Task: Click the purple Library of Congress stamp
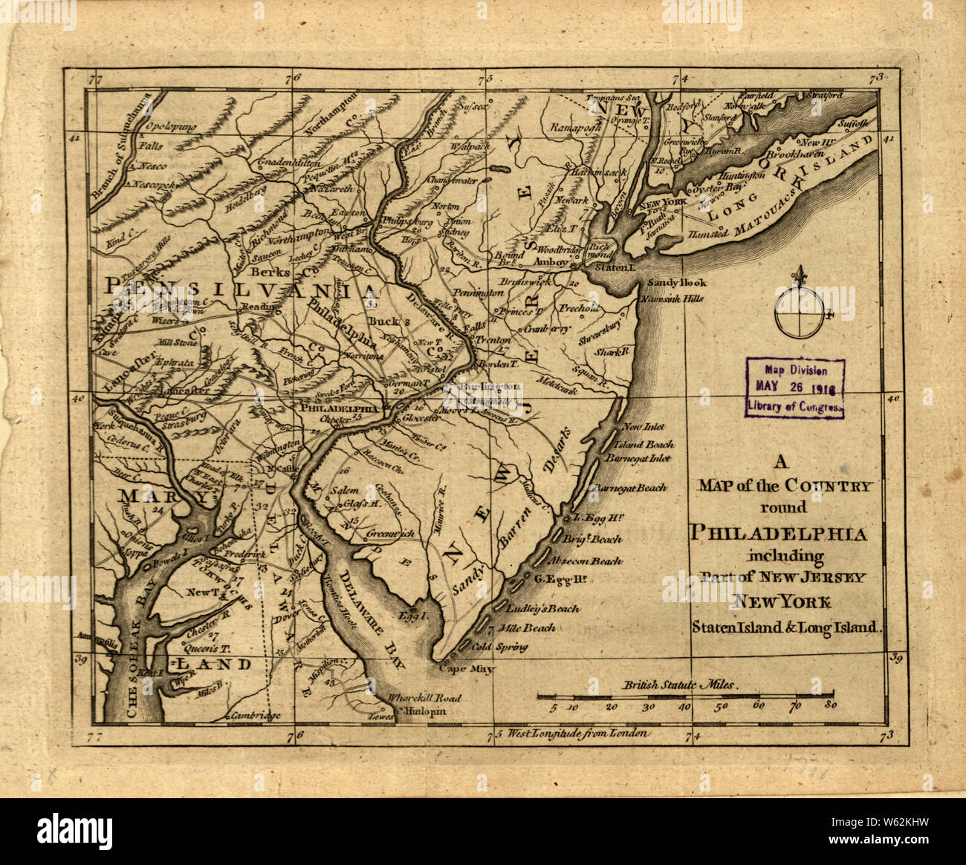pyautogui.click(x=794, y=388)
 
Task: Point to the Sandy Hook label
pyautogui.click(x=677, y=283)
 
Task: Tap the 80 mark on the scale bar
pyautogui.click(x=830, y=706)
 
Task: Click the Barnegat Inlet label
pyautogui.click(x=642, y=458)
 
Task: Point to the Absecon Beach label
pyautogui.click(x=586, y=561)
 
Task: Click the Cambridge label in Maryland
pyautogui.click(x=256, y=716)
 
